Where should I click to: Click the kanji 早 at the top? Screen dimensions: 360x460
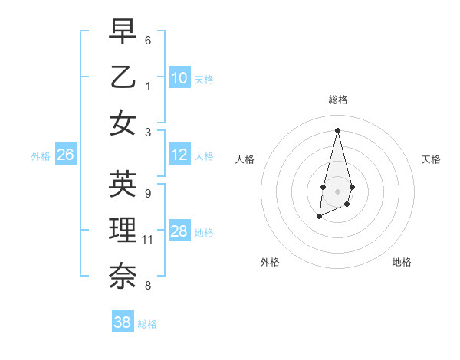point(123,32)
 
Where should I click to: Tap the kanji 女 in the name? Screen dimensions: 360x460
point(123,123)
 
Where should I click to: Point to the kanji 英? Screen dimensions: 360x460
point(123,184)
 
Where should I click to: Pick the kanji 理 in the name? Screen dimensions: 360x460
point(123,230)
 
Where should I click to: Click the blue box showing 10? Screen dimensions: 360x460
point(179,77)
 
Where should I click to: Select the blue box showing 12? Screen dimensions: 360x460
point(179,155)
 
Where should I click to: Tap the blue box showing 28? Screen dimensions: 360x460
point(179,231)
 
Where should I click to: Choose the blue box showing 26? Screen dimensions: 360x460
point(66,155)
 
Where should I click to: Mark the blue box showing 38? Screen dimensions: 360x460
point(123,322)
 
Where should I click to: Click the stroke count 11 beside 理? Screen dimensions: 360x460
point(148,240)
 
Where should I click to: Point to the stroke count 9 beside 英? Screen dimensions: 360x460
point(148,193)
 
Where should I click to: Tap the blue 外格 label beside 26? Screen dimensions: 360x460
point(41,156)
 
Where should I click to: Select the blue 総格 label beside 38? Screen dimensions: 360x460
point(147,324)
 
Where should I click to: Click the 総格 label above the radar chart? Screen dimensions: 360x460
point(337,100)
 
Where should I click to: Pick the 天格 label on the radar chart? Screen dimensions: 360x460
point(431,159)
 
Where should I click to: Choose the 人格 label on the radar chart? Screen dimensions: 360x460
point(245,159)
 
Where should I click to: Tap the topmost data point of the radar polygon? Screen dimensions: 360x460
point(337,129)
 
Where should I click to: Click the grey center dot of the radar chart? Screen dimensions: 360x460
point(337,191)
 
